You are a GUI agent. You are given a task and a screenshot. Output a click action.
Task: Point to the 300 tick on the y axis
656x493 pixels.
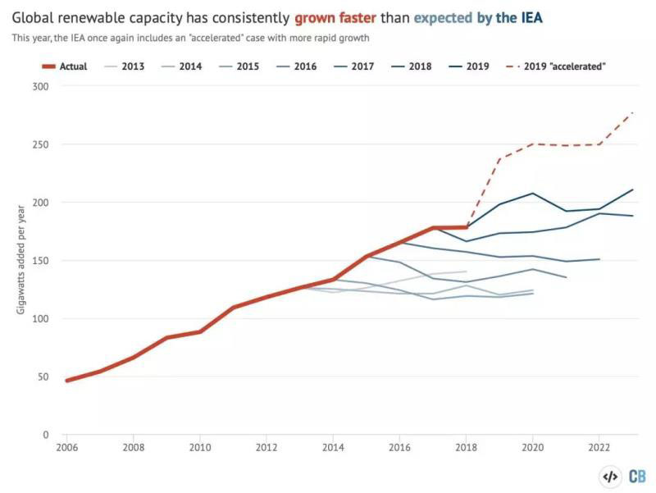click(x=39, y=86)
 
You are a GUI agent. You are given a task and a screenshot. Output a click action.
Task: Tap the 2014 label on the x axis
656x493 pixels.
click(x=333, y=448)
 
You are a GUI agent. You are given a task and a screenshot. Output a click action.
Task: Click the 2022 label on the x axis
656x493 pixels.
click(x=599, y=448)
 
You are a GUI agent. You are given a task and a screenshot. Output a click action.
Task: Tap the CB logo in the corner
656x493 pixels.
click(x=637, y=476)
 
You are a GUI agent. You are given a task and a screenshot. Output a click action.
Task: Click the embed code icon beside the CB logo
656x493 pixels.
click(x=611, y=476)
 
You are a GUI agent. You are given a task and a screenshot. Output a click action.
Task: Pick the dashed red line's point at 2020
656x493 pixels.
click(x=533, y=144)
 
